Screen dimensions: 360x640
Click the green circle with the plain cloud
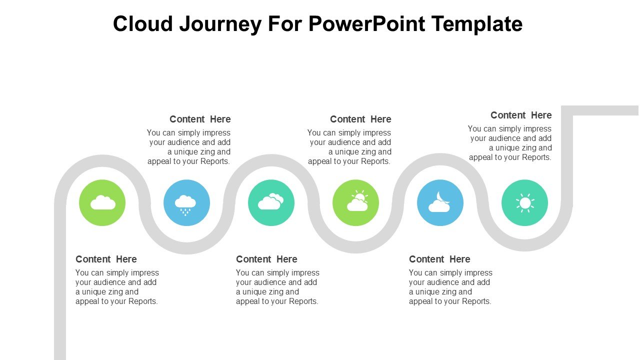[x=102, y=202]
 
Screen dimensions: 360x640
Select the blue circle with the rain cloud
[x=186, y=202]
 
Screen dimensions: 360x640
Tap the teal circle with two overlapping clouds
[x=271, y=202]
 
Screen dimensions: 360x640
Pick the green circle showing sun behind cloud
[x=355, y=202]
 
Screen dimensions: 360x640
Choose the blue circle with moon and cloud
[x=440, y=202]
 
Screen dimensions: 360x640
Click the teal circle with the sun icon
[x=524, y=202]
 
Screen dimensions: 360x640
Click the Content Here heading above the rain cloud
[x=200, y=119]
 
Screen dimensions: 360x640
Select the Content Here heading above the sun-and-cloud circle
[x=360, y=119]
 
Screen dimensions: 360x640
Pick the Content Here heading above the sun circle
[x=521, y=115]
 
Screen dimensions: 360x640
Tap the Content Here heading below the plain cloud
[x=106, y=259]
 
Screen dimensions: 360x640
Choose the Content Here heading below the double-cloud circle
[x=266, y=259]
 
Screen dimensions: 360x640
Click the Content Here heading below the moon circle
[x=439, y=259]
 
